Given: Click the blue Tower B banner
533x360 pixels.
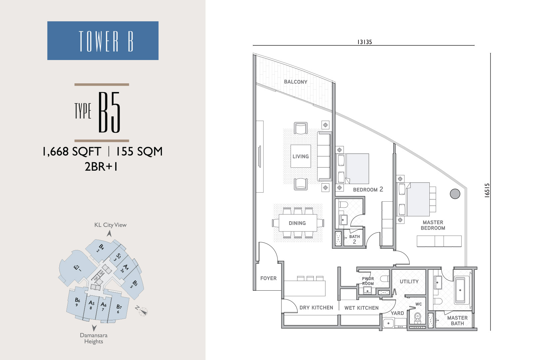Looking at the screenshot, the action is coord(103,40).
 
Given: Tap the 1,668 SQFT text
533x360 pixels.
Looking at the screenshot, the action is coord(72,151).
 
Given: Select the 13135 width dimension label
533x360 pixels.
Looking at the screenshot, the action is coord(364,42).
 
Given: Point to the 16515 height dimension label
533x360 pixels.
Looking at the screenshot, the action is coord(487,190).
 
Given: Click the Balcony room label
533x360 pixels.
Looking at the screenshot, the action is coord(295,82).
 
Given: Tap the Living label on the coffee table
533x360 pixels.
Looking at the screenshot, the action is coord(300,156).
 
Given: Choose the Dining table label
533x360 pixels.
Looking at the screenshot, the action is coord(297,223).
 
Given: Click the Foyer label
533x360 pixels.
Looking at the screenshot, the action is coord(268,278).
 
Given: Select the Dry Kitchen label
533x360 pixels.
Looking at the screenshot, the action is coord(316,308).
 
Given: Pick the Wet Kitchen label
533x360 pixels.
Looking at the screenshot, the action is coord(361,308).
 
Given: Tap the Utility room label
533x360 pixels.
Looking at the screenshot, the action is coord(409,281).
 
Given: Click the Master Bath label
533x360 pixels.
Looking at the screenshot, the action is coord(457,320).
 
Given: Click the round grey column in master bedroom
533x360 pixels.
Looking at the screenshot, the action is coord(455,194).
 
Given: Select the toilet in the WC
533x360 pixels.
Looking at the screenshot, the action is coord(418,318).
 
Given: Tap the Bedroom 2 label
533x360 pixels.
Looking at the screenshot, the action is coord(368,190).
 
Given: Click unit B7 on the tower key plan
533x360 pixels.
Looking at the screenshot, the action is coord(119,308).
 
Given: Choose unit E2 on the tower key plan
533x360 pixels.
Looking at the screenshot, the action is coord(77,268).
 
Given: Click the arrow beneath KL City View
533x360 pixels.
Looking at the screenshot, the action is coord(109,234).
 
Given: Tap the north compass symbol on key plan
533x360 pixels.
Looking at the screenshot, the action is coord(143,311).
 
